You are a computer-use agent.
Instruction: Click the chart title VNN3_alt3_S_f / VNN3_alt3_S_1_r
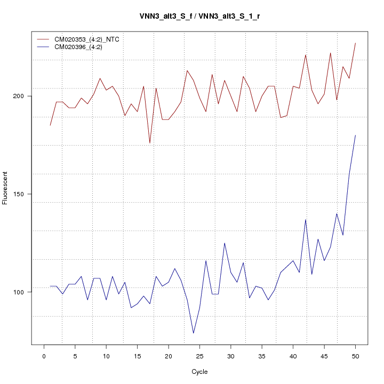pos(199,16)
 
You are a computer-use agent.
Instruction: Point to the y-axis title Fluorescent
pos(5,188)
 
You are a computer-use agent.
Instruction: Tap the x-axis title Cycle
pos(199,372)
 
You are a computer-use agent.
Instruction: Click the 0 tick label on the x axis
pos(44,356)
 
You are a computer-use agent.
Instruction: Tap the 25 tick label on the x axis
pos(199,356)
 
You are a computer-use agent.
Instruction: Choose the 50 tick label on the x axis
pos(355,356)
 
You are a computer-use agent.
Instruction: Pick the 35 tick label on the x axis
pos(262,356)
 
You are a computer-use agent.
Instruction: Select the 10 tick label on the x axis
pos(106,356)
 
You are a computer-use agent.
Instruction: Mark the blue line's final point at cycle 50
pos(355,135)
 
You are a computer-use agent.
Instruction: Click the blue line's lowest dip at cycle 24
pos(193,333)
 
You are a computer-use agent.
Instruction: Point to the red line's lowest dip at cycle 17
pos(150,143)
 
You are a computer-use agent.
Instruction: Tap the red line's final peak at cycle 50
pos(355,43)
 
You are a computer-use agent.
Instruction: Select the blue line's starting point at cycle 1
pos(50,286)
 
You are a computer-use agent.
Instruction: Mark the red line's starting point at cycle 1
pos(50,125)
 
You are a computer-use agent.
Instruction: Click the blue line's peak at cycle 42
pos(306,219)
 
